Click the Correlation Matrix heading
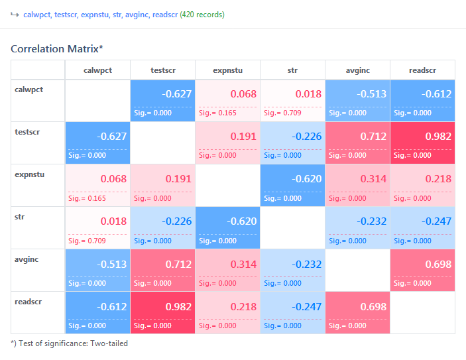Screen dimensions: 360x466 (x=57, y=49)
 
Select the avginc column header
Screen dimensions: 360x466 (x=357, y=70)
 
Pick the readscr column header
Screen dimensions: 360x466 (x=422, y=70)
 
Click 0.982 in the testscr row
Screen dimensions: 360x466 (x=437, y=137)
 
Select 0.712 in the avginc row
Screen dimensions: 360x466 (x=178, y=264)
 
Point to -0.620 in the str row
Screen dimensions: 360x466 (x=242, y=221)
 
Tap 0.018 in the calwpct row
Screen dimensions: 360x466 (x=308, y=94)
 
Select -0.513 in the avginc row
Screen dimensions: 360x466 (x=112, y=264)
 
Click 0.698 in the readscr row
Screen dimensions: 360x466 (x=373, y=306)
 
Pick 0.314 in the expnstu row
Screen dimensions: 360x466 (x=373, y=179)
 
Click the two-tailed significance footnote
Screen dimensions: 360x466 (x=69, y=343)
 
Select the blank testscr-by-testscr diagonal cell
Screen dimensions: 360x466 (x=162, y=143)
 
